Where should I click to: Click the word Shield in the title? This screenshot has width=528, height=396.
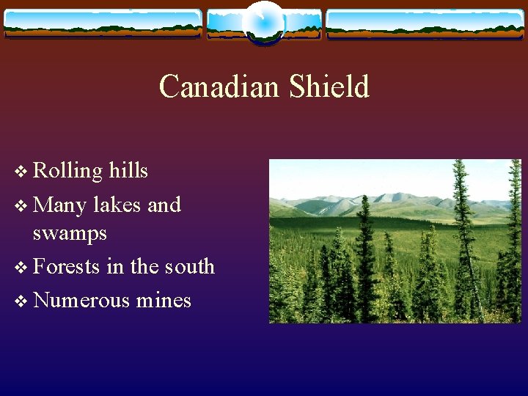[329, 87]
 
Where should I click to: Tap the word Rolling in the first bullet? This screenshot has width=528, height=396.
[68, 172]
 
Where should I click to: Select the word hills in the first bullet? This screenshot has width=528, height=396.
[128, 171]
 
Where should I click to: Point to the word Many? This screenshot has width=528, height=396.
[60, 205]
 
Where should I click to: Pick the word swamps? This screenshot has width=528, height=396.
[70, 234]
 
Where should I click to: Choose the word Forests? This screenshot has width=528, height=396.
[67, 266]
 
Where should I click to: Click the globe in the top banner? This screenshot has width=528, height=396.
[263, 22]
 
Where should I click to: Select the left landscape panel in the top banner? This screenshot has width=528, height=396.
[103, 23]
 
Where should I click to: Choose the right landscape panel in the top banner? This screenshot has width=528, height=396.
[425, 23]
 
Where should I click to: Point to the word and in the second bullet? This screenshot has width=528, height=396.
[164, 205]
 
